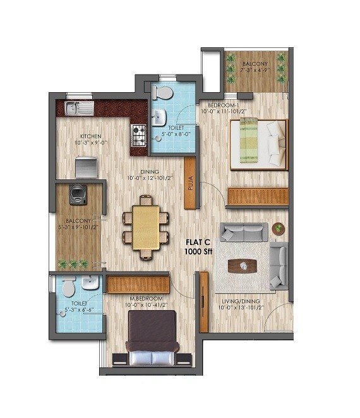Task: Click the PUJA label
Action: (190, 184)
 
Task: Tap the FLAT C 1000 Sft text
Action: (197, 246)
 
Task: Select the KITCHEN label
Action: (90, 136)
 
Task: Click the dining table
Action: (146, 226)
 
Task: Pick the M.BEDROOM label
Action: (146, 298)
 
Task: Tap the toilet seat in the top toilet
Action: (162, 93)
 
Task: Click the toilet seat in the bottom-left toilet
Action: (68, 287)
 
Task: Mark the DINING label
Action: (148, 172)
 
